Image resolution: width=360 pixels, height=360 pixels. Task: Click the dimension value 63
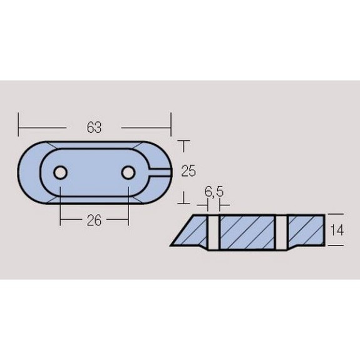(94, 128)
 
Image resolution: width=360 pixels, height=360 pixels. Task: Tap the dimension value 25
(188, 171)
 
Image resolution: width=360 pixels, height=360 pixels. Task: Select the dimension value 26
(94, 220)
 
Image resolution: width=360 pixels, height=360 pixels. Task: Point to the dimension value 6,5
(213, 192)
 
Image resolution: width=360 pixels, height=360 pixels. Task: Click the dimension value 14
(337, 230)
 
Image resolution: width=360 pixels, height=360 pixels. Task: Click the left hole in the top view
(60, 172)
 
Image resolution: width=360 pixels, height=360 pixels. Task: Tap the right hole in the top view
(128, 172)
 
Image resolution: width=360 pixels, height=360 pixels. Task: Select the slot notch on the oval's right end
(160, 172)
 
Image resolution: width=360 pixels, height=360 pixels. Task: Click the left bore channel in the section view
(213, 232)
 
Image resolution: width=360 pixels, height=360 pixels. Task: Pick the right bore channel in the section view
(280, 232)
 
